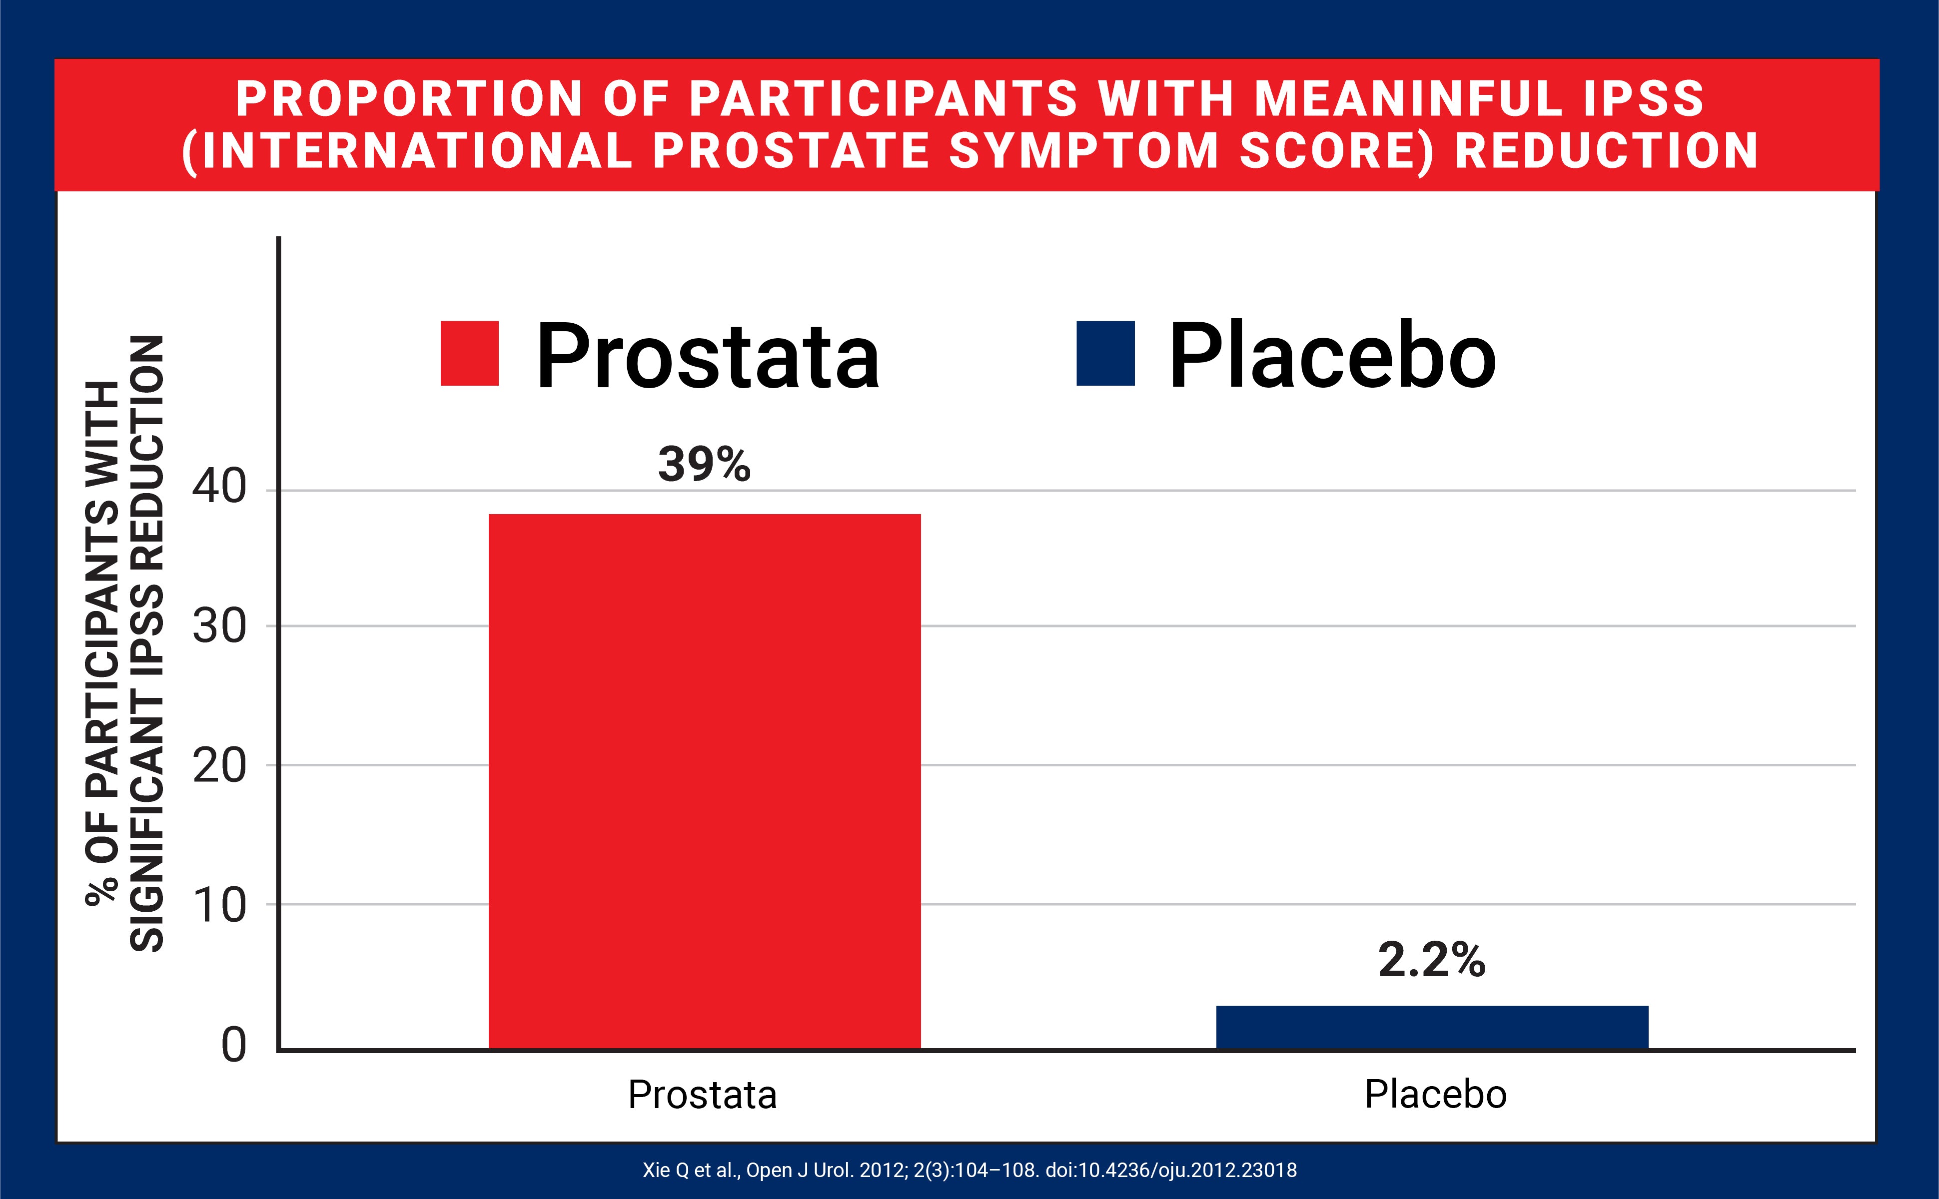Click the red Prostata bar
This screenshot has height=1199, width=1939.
tap(704, 781)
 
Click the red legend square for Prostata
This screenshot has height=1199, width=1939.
tap(469, 354)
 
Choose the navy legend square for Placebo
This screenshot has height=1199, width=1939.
tap(1105, 354)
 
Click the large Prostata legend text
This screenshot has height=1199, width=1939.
tap(708, 357)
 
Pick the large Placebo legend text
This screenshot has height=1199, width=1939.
tap(1332, 357)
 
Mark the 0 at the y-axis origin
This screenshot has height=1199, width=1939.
tap(233, 1045)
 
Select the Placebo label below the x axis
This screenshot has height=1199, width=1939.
tap(1435, 1095)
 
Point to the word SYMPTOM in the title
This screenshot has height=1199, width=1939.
tap(1083, 151)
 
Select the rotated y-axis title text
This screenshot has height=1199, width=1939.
tap(124, 642)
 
